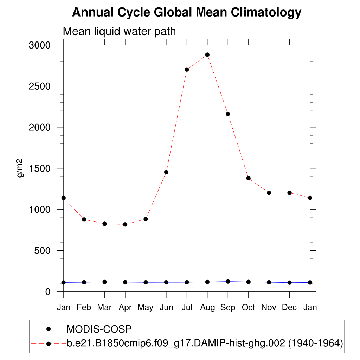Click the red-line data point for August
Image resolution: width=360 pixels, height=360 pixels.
pyautogui.click(x=207, y=55)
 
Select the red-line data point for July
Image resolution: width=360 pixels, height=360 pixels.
pyautogui.click(x=187, y=70)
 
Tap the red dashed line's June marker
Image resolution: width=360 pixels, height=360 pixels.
pyautogui.click(x=166, y=172)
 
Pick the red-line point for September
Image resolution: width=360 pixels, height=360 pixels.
pyautogui.click(x=228, y=114)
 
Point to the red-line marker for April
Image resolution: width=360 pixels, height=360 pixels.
pyautogui.click(x=125, y=224)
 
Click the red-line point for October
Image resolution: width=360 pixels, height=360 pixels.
pyautogui.click(x=249, y=178)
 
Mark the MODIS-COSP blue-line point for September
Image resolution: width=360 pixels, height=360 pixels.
pyautogui.click(x=228, y=282)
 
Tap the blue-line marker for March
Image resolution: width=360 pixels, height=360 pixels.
pyautogui.click(x=104, y=282)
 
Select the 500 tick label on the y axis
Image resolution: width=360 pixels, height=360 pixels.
pyautogui.click(x=42, y=251)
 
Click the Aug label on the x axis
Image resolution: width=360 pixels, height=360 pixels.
pyautogui.click(x=207, y=308)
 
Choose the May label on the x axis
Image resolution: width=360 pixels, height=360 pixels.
pyautogui.click(x=146, y=308)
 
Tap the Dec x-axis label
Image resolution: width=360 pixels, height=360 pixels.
pyautogui.click(x=289, y=308)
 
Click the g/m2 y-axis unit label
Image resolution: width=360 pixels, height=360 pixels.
pyautogui.click(x=20, y=168)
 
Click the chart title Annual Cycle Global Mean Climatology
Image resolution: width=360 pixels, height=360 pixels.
pyautogui.click(x=187, y=13)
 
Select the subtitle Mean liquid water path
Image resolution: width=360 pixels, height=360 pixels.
pyautogui.click(x=119, y=32)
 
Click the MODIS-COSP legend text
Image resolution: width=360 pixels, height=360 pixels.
pyautogui.click(x=99, y=329)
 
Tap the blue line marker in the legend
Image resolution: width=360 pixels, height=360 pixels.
pyautogui.click(x=49, y=329)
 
